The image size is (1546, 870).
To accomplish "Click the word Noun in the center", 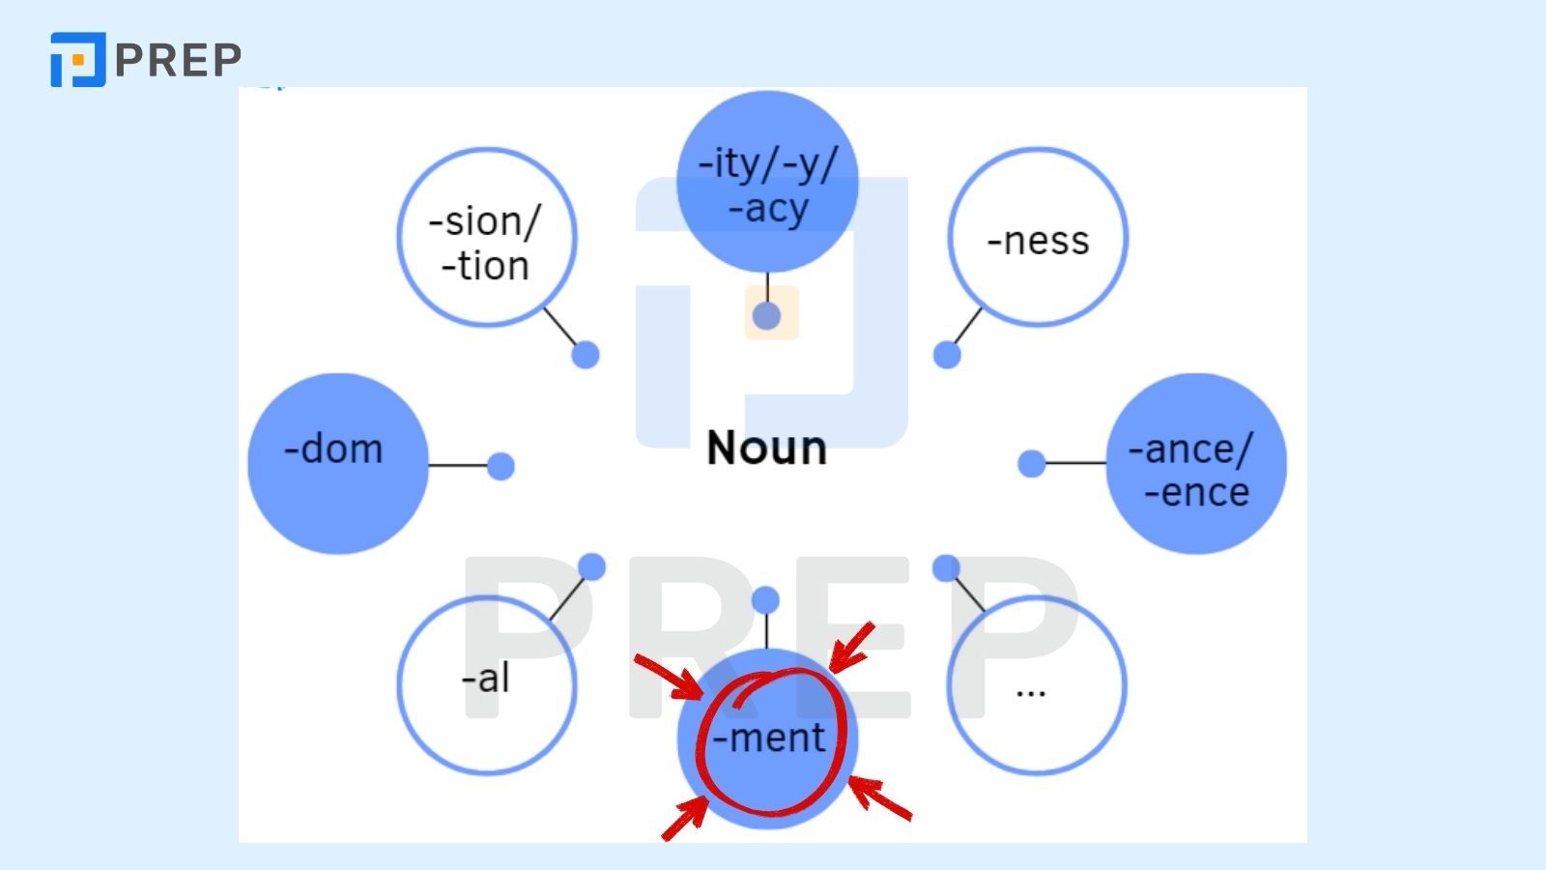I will [766, 449].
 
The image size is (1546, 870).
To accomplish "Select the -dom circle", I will [337, 464].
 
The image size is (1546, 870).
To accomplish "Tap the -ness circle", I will [1038, 238].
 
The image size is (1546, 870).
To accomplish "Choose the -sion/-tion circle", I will [487, 238].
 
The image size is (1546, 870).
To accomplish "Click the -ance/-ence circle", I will [1195, 464].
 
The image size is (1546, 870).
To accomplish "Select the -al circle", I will [487, 684].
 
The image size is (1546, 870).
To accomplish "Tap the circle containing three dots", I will [1037, 684].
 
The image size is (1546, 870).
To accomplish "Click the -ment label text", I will [769, 739].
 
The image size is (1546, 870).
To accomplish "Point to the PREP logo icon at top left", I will [77, 60].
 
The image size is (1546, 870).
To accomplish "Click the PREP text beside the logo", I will [179, 60].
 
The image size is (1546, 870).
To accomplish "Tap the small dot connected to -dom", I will [501, 466].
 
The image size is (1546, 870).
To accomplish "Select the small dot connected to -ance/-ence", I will [1032, 464].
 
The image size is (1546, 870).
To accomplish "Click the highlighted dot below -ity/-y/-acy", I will [767, 315].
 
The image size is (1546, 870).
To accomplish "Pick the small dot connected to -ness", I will [947, 355].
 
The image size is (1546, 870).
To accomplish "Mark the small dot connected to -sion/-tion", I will [586, 355].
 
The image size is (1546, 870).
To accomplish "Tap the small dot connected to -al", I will [591, 566].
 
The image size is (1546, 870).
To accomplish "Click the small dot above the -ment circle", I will [765, 600].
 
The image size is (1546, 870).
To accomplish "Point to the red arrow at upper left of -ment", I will [669, 676].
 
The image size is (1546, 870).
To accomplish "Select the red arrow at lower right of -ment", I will [879, 798].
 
